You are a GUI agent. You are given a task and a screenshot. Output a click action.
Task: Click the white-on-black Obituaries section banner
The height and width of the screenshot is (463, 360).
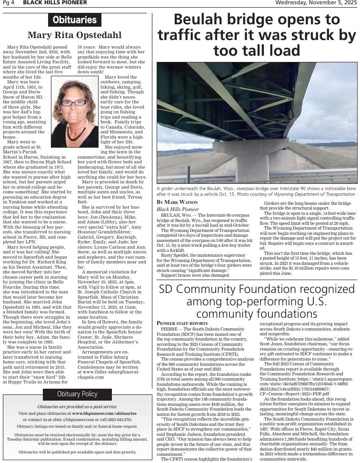pyautogui.click(x=75, y=20)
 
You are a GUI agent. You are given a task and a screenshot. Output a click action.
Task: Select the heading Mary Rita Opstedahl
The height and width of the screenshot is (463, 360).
pyautogui.click(x=75, y=35)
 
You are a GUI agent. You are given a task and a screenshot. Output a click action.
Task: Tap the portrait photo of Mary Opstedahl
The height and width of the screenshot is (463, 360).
pyautogui.click(x=68, y=113)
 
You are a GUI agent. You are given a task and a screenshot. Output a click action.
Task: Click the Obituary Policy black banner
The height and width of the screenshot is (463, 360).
pyautogui.click(x=77, y=394)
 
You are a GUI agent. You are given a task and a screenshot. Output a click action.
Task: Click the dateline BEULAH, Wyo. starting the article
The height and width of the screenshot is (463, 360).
pyautogui.click(x=174, y=215)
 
